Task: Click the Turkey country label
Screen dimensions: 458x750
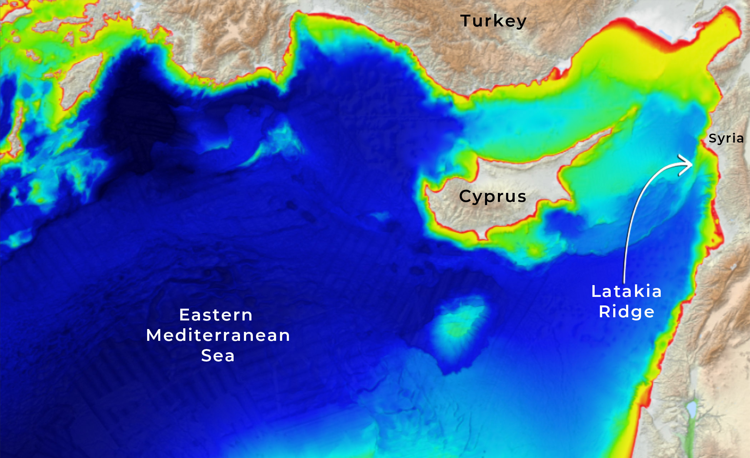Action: click(x=493, y=21)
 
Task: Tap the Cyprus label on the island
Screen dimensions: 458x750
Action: click(x=492, y=196)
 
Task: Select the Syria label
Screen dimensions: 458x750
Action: click(x=726, y=138)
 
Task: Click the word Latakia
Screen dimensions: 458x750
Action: click(x=626, y=291)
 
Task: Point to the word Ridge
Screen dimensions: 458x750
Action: click(x=626, y=312)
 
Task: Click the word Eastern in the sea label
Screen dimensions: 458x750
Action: click(x=216, y=315)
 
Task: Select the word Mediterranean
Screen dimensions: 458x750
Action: click(x=218, y=335)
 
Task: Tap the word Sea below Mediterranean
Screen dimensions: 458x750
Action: click(x=218, y=355)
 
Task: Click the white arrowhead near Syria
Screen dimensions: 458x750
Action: click(x=687, y=165)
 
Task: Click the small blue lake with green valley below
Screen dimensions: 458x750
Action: click(x=691, y=407)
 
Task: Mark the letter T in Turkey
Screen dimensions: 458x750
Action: click(x=466, y=21)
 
